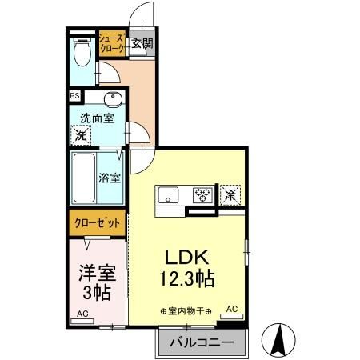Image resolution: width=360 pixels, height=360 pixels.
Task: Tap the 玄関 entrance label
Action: point(142,44)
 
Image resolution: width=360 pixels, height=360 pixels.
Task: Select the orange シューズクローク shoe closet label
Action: point(110,43)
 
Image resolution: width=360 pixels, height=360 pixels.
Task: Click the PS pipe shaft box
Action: point(74,96)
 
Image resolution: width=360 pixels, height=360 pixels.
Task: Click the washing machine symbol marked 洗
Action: point(80,135)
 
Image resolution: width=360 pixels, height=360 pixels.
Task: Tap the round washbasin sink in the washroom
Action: point(112,101)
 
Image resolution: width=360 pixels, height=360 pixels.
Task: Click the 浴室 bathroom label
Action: point(110,177)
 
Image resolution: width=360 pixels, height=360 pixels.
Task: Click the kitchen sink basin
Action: point(170,194)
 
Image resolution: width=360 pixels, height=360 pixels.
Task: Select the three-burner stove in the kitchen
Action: point(202,194)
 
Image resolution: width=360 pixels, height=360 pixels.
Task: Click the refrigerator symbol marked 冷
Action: point(230,194)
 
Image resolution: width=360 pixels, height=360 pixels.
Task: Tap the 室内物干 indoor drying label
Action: point(185,310)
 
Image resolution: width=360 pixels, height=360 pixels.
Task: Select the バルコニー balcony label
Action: point(202,343)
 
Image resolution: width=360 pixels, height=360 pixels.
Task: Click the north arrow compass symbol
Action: point(281,339)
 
